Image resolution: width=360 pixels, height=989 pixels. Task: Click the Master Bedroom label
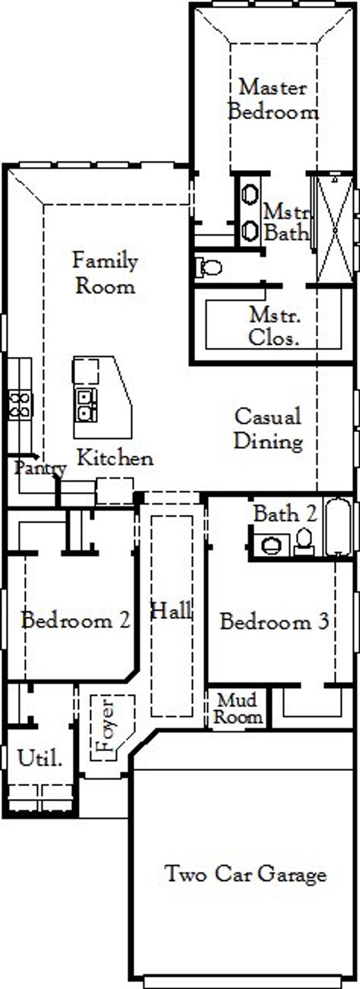(273, 100)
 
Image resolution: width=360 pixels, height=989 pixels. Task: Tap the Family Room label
(105, 273)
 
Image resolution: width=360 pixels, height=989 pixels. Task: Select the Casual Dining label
(268, 428)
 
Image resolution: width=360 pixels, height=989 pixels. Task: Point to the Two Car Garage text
(245, 874)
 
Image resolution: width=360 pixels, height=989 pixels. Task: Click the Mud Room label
(238, 709)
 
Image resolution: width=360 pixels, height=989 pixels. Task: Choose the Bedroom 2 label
(75, 621)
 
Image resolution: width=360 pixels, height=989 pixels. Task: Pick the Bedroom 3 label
(274, 622)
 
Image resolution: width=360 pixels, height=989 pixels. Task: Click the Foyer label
(106, 726)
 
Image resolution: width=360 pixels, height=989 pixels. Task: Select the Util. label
(39, 759)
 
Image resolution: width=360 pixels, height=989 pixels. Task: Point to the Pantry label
(40, 467)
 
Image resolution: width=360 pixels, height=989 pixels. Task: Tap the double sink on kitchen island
(87, 404)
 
